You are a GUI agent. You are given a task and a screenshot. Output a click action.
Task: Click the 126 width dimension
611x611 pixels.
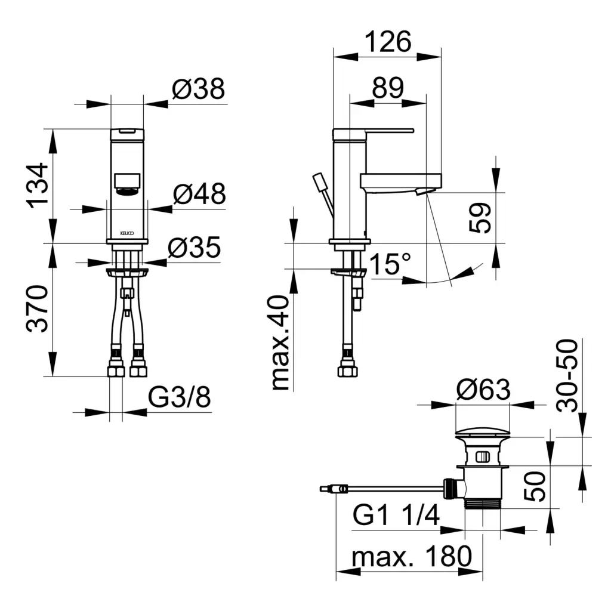click(388, 42)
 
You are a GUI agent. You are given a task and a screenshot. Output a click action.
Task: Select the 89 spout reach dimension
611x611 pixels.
click(388, 88)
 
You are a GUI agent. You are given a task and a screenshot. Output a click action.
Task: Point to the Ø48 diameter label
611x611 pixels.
click(199, 193)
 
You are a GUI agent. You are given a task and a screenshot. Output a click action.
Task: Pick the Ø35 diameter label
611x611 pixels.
click(194, 247)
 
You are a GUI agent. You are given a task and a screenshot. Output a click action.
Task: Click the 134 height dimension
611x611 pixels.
click(38, 186)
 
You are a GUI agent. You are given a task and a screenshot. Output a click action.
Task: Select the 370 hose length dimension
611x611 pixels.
click(38, 308)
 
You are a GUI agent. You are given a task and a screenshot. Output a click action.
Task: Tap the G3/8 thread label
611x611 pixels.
click(179, 397)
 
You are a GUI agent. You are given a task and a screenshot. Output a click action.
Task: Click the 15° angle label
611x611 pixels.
click(390, 263)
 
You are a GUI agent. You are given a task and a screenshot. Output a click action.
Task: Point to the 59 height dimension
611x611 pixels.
click(480, 218)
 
